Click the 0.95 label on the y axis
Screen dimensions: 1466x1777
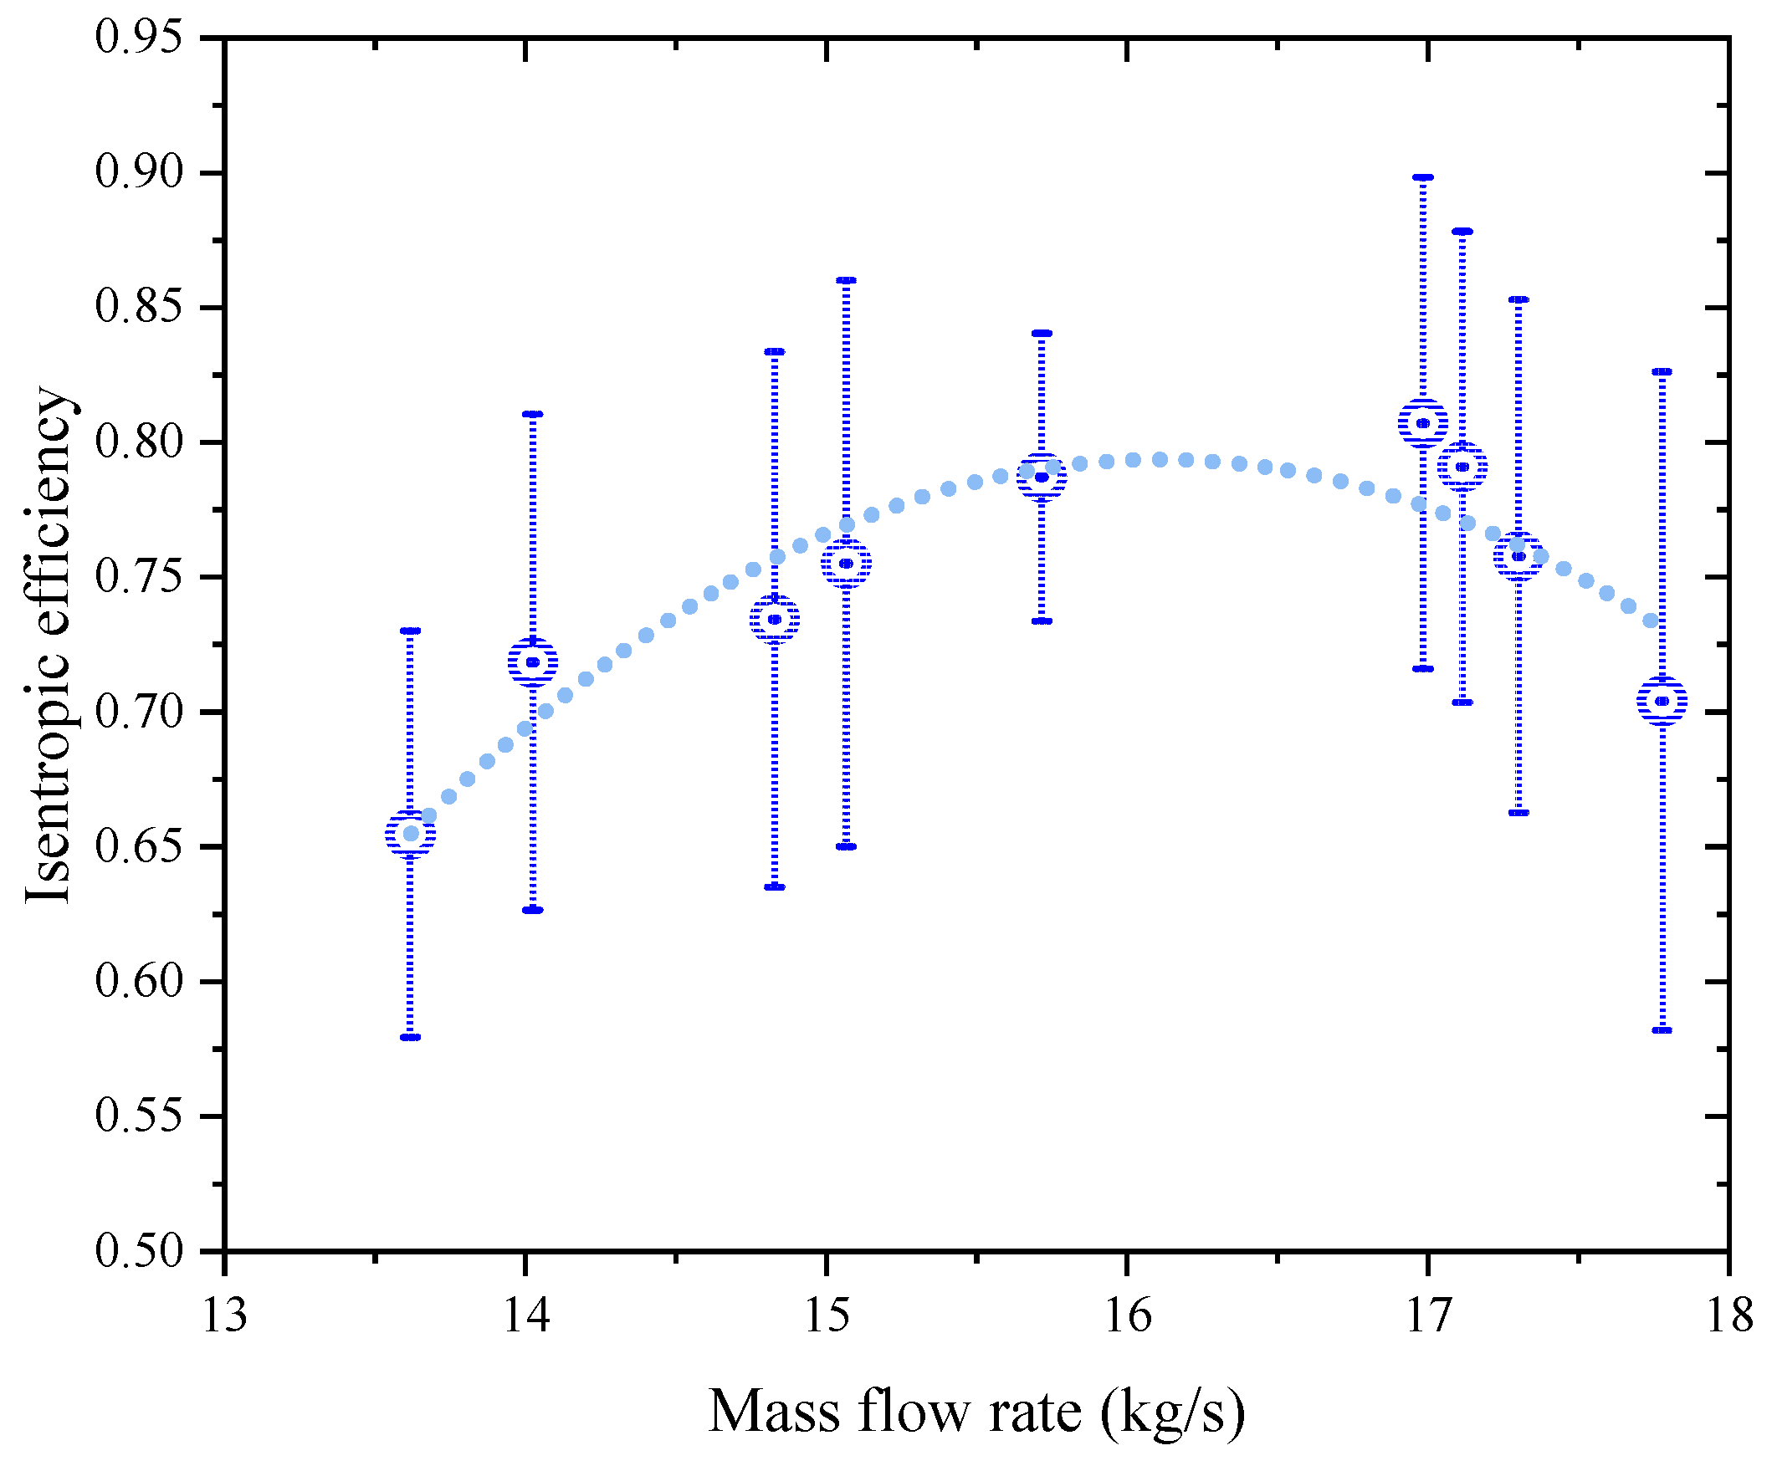[139, 38]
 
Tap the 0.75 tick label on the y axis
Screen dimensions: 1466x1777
[139, 578]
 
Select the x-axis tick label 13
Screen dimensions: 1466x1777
[225, 1315]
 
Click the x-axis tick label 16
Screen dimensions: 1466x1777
[1127, 1315]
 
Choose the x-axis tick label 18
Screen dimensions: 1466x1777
[1728, 1315]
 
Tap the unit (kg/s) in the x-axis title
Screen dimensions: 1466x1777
[1172, 1410]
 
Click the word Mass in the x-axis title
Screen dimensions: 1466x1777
[773, 1410]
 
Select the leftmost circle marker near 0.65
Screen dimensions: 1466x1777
[411, 835]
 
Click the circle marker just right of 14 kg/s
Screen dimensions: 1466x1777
[533, 662]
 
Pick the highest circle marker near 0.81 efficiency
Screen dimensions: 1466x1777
[1423, 423]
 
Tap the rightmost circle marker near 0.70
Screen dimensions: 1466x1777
[1662, 701]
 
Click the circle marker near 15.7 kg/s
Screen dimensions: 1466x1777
[1042, 478]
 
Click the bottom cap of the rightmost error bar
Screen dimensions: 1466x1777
[1662, 1030]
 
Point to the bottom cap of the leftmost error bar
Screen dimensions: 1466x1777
[411, 1037]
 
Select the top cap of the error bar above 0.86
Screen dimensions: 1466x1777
[847, 280]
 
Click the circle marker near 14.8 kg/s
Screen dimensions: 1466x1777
[775, 619]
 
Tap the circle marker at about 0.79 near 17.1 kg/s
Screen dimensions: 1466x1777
[1462, 466]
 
